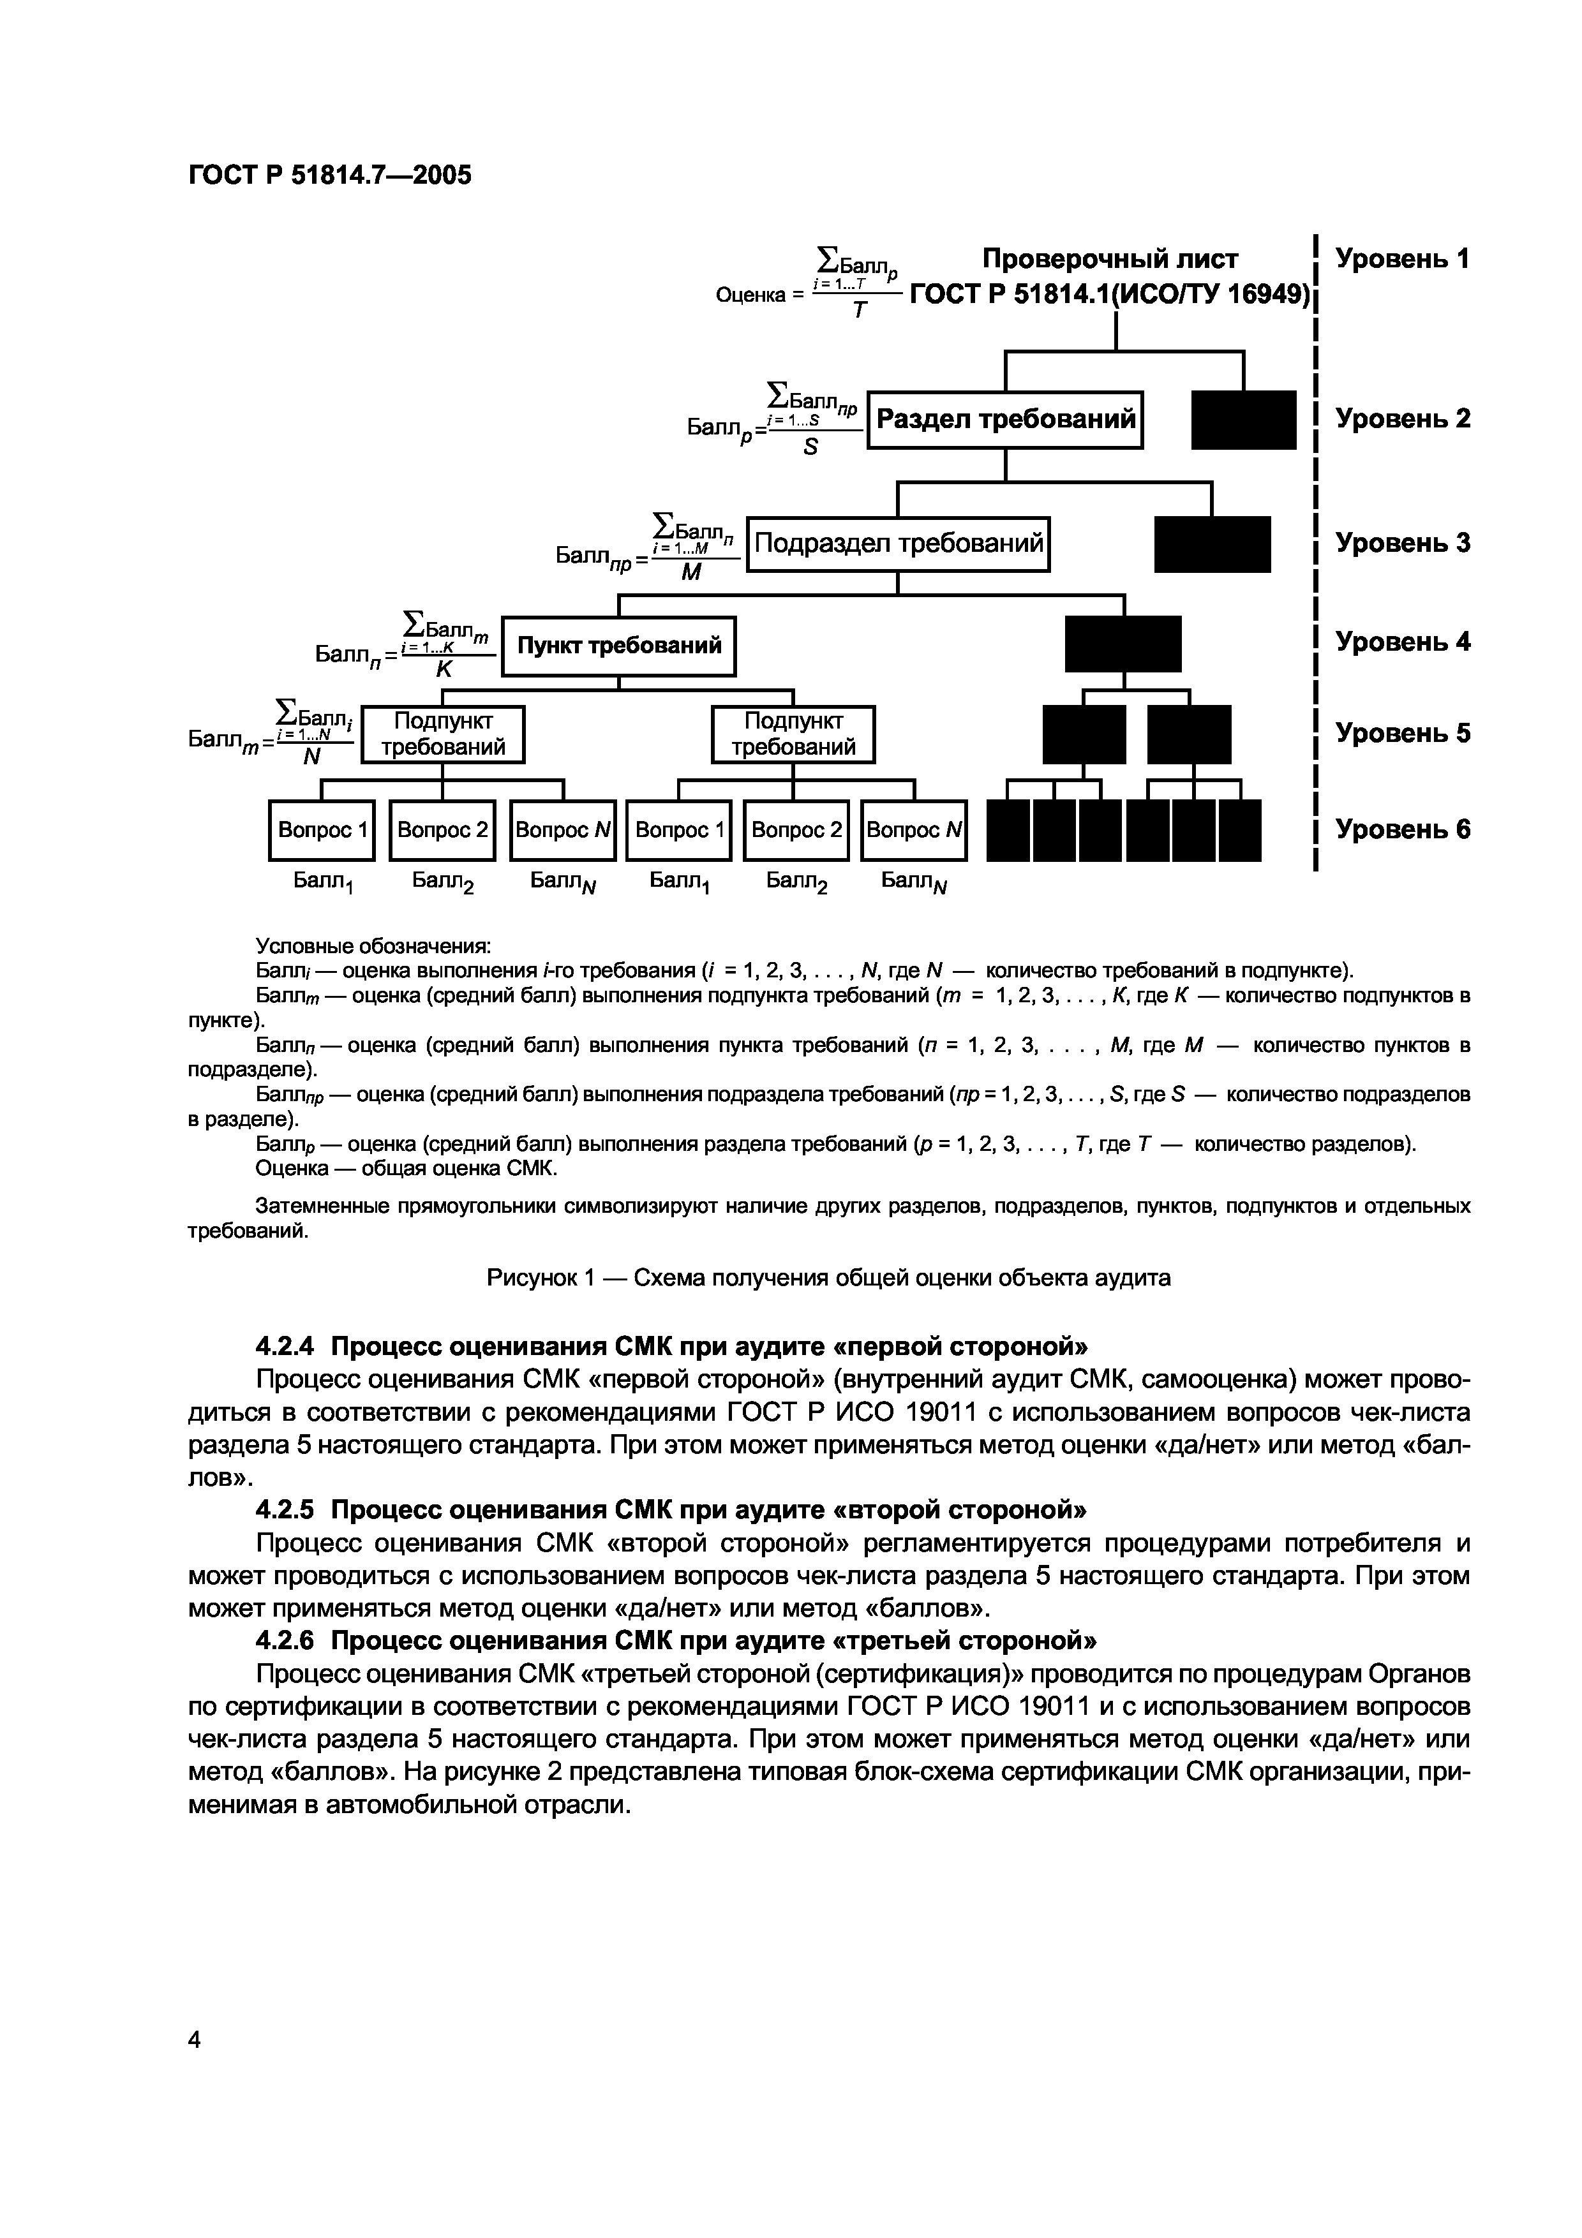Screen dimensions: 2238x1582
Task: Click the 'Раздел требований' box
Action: click(1005, 419)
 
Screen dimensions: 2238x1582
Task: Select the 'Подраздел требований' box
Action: click(898, 543)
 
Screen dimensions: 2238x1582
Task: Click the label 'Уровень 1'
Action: click(1401, 258)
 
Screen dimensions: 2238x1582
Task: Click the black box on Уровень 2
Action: click(1244, 419)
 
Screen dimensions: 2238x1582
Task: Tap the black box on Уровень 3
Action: click(1212, 544)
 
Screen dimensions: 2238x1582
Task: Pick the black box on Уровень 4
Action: click(1123, 644)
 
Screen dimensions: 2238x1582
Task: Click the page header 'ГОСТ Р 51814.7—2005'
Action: click(329, 175)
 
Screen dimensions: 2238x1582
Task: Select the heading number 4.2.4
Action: click(285, 1346)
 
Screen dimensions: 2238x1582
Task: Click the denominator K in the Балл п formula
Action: click(444, 670)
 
